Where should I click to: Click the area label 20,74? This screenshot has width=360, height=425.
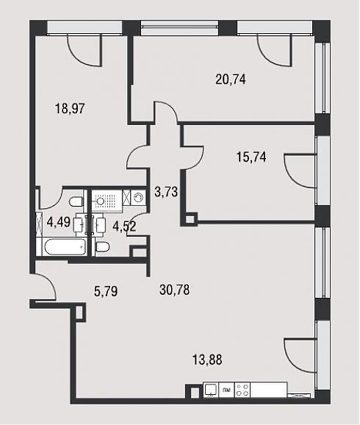(231, 79)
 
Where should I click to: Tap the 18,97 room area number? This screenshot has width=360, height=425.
(70, 109)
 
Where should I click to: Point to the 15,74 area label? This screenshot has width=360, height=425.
(251, 157)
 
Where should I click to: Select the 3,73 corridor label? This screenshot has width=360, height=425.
(166, 192)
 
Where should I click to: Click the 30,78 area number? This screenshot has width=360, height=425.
(174, 290)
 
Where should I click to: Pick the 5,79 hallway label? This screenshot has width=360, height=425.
(106, 292)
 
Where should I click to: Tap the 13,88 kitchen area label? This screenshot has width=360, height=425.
(207, 360)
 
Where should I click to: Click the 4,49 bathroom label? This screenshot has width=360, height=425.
(59, 223)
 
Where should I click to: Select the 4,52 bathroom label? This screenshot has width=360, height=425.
(124, 226)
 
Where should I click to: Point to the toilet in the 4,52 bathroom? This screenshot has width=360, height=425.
(102, 247)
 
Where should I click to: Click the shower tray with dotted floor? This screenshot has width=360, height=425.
(107, 201)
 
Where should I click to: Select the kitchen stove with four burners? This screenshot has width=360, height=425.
(242, 390)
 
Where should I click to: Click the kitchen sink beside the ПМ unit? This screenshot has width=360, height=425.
(211, 390)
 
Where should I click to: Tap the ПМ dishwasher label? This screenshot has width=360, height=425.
(226, 390)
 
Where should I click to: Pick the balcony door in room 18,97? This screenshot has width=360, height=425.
(84, 51)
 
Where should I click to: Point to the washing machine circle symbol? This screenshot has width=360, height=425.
(139, 197)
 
